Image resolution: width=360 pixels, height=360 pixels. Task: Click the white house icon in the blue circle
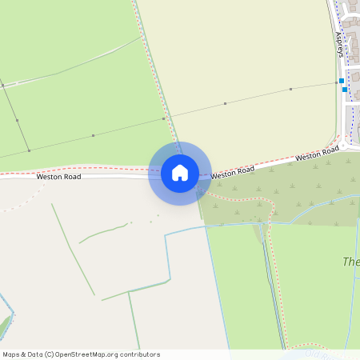(180, 173)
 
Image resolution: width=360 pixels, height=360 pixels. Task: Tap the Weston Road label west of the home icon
(58, 176)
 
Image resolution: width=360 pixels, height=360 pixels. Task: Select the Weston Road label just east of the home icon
(233, 171)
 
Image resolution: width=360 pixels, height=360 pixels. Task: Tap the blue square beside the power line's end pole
(342, 81)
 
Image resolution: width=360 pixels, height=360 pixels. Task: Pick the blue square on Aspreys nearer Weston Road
(345, 90)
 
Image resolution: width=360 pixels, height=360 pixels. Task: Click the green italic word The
(351, 262)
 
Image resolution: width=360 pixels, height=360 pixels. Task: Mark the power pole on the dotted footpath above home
(164, 118)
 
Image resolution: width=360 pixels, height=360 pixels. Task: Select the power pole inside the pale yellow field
(226, 103)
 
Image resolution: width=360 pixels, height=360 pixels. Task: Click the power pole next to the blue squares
(336, 82)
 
